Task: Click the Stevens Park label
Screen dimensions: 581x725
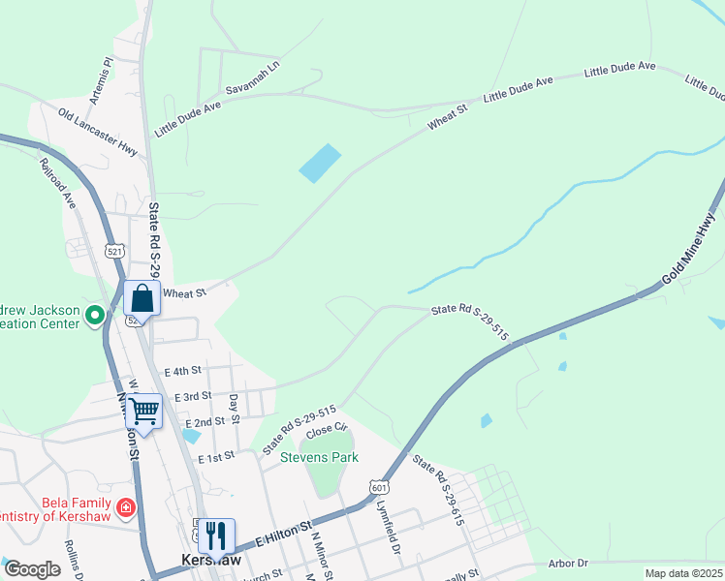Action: pyautogui.click(x=320, y=457)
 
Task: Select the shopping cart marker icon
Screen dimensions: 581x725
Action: pyautogui.click(x=143, y=410)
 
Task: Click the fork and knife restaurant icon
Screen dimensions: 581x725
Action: pyautogui.click(x=215, y=535)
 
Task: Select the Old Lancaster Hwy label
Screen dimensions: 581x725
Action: pyautogui.click(x=98, y=133)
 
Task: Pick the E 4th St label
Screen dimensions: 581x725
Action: pyautogui.click(x=182, y=371)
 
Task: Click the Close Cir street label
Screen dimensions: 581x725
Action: pyautogui.click(x=327, y=433)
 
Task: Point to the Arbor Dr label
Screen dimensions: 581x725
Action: pyautogui.click(x=568, y=563)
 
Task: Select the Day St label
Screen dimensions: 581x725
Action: pyautogui.click(x=234, y=409)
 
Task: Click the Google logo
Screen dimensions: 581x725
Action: pyautogui.click(x=32, y=569)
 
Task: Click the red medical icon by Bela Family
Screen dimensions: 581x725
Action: pyautogui.click(x=125, y=507)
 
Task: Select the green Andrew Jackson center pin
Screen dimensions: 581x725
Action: pyautogui.click(x=95, y=315)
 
